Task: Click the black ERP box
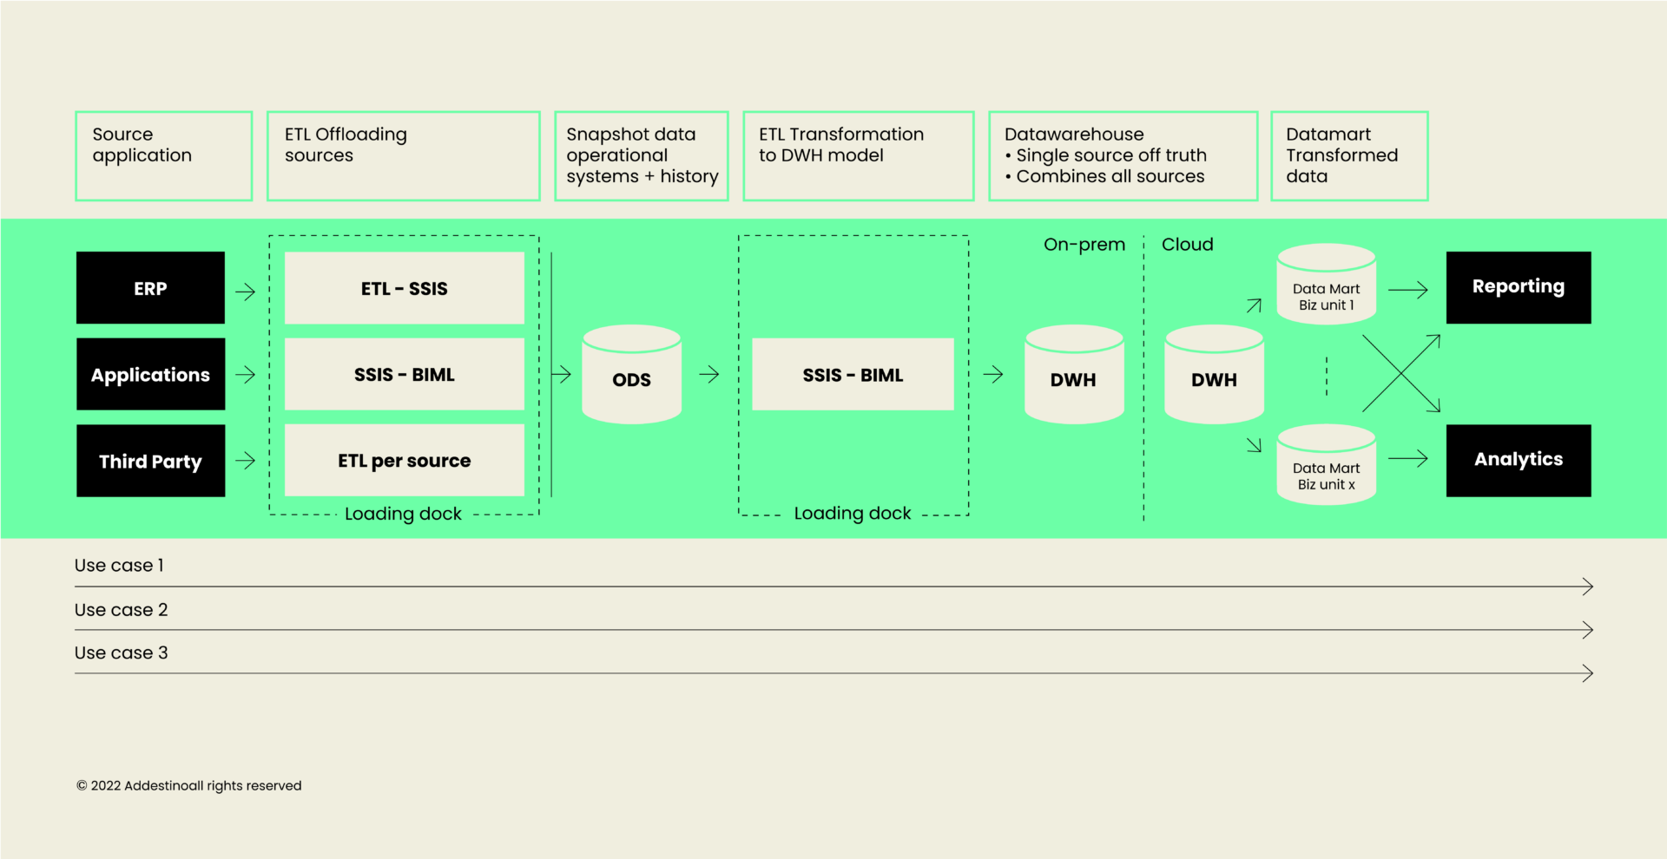click(x=150, y=288)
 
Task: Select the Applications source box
click(x=150, y=374)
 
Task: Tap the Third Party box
click(x=150, y=461)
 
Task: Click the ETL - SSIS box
click(x=405, y=288)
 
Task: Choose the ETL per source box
click(x=405, y=461)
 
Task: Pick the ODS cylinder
click(x=631, y=374)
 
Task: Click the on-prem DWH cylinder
click(x=1074, y=374)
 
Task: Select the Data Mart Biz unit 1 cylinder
click(x=1327, y=284)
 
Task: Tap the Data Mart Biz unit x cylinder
click(x=1327, y=464)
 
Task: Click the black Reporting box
click(x=1519, y=288)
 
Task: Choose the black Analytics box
click(x=1519, y=461)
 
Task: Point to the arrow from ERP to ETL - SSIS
click(x=246, y=292)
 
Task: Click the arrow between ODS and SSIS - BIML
click(x=709, y=374)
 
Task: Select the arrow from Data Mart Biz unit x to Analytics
click(x=1408, y=458)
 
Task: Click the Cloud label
click(x=1188, y=245)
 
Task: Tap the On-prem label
click(x=1084, y=245)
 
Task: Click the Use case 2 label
click(x=122, y=610)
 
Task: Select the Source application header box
click(x=164, y=156)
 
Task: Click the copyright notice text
click(x=189, y=786)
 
